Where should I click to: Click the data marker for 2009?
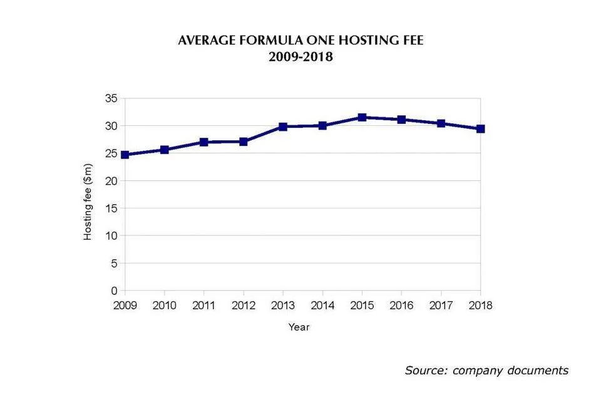(125, 155)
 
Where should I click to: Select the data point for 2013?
(283, 126)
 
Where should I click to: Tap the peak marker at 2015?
(362, 117)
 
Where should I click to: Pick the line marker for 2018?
(481, 129)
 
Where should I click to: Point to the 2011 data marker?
(204, 142)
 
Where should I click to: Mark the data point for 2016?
(401, 120)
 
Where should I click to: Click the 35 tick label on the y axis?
(111, 98)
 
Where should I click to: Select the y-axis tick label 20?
(111, 181)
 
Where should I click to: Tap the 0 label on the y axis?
(115, 291)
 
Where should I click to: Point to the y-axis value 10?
(111, 236)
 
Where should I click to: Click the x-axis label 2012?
(243, 306)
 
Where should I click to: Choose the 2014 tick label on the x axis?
(322, 306)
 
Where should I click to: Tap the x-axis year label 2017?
(441, 306)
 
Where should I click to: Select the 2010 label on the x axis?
(164, 306)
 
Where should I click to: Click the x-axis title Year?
(299, 327)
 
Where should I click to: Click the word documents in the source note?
(538, 370)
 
